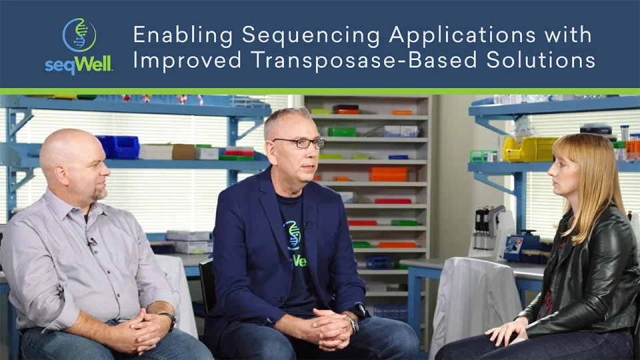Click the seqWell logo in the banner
[79, 45]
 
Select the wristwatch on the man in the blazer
[351, 323]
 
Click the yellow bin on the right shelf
[529, 149]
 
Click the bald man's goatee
[100, 194]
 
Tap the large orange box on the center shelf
[388, 174]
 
